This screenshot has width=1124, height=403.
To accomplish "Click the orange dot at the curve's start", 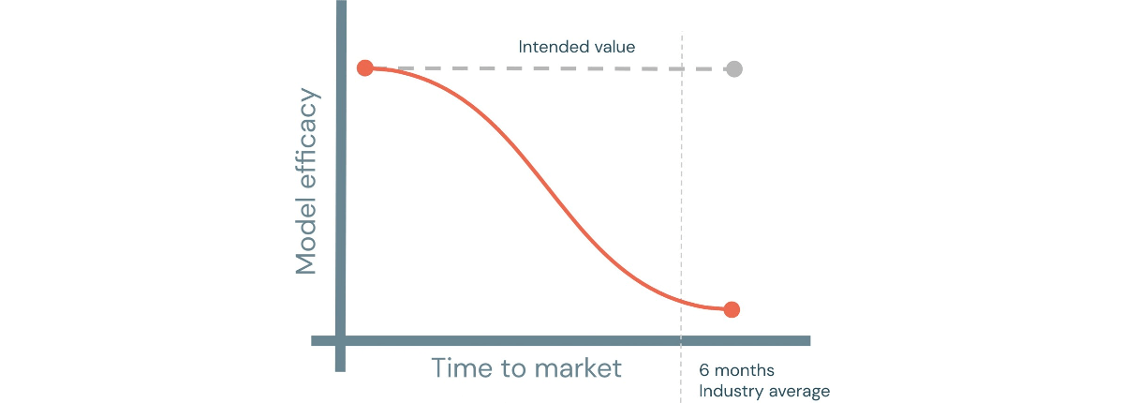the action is pyautogui.click(x=365, y=67).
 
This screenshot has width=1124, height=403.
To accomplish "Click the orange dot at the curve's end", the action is pyautogui.click(x=732, y=309).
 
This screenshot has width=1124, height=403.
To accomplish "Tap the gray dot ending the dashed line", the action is pyautogui.click(x=734, y=68).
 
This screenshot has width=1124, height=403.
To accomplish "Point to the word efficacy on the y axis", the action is pyautogui.click(x=306, y=138).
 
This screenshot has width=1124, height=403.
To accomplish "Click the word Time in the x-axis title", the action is pyautogui.click(x=462, y=368).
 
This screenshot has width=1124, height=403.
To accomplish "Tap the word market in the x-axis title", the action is pyautogui.click(x=578, y=368).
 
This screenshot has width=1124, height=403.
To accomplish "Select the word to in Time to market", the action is pyautogui.click(x=513, y=369).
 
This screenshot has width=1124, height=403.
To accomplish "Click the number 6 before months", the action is pyautogui.click(x=704, y=370).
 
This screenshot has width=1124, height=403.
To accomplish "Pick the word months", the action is pyautogui.click(x=744, y=370).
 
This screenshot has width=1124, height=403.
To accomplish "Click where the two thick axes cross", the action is pyautogui.click(x=341, y=341).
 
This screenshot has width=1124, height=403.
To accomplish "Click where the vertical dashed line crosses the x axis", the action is pyautogui.click(x=682, y=341).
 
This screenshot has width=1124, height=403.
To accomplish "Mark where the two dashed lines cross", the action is pyautogui.click(x=682, y=68).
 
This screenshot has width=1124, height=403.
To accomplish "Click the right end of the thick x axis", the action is pyautogui.click(x=810, y=341).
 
